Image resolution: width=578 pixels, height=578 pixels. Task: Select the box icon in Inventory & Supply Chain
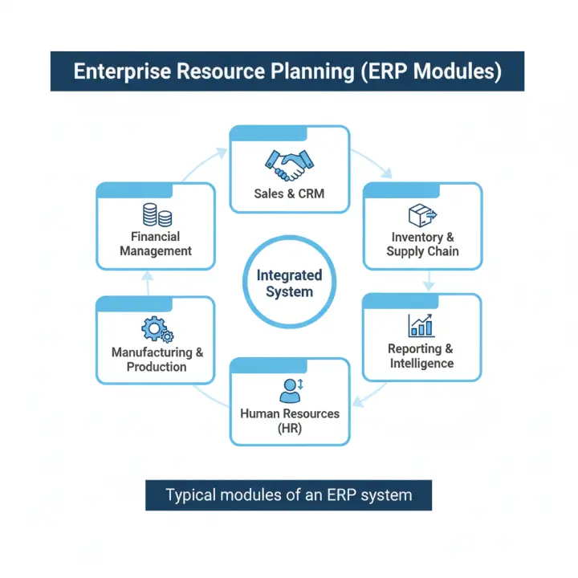pyautogui.click(x=421, y=215)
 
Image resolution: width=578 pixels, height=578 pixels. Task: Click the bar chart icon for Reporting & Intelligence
pyautogui.click(x=421, y=324)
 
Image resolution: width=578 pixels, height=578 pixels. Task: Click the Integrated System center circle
pyautogui.click(x=289, y=283)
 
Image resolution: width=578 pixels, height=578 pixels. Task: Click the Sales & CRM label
pyautogui.click(x=289, y=193)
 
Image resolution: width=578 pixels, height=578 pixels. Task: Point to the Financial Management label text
pyautogui.click(x=156, y=243)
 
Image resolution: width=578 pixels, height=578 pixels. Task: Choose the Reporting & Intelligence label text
pyautogui.click(x=421, y=356)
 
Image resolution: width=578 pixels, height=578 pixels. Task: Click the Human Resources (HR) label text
pyautogui.click(x=289, y=421)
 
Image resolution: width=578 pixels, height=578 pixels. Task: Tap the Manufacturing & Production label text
pyautogui.click(x=157, y=360)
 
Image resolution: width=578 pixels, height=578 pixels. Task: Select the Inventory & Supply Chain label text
pyautogui.click(x=422, y=244)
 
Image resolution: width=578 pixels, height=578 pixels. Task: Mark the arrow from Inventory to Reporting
pyautogui.click(x=429, y=280)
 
